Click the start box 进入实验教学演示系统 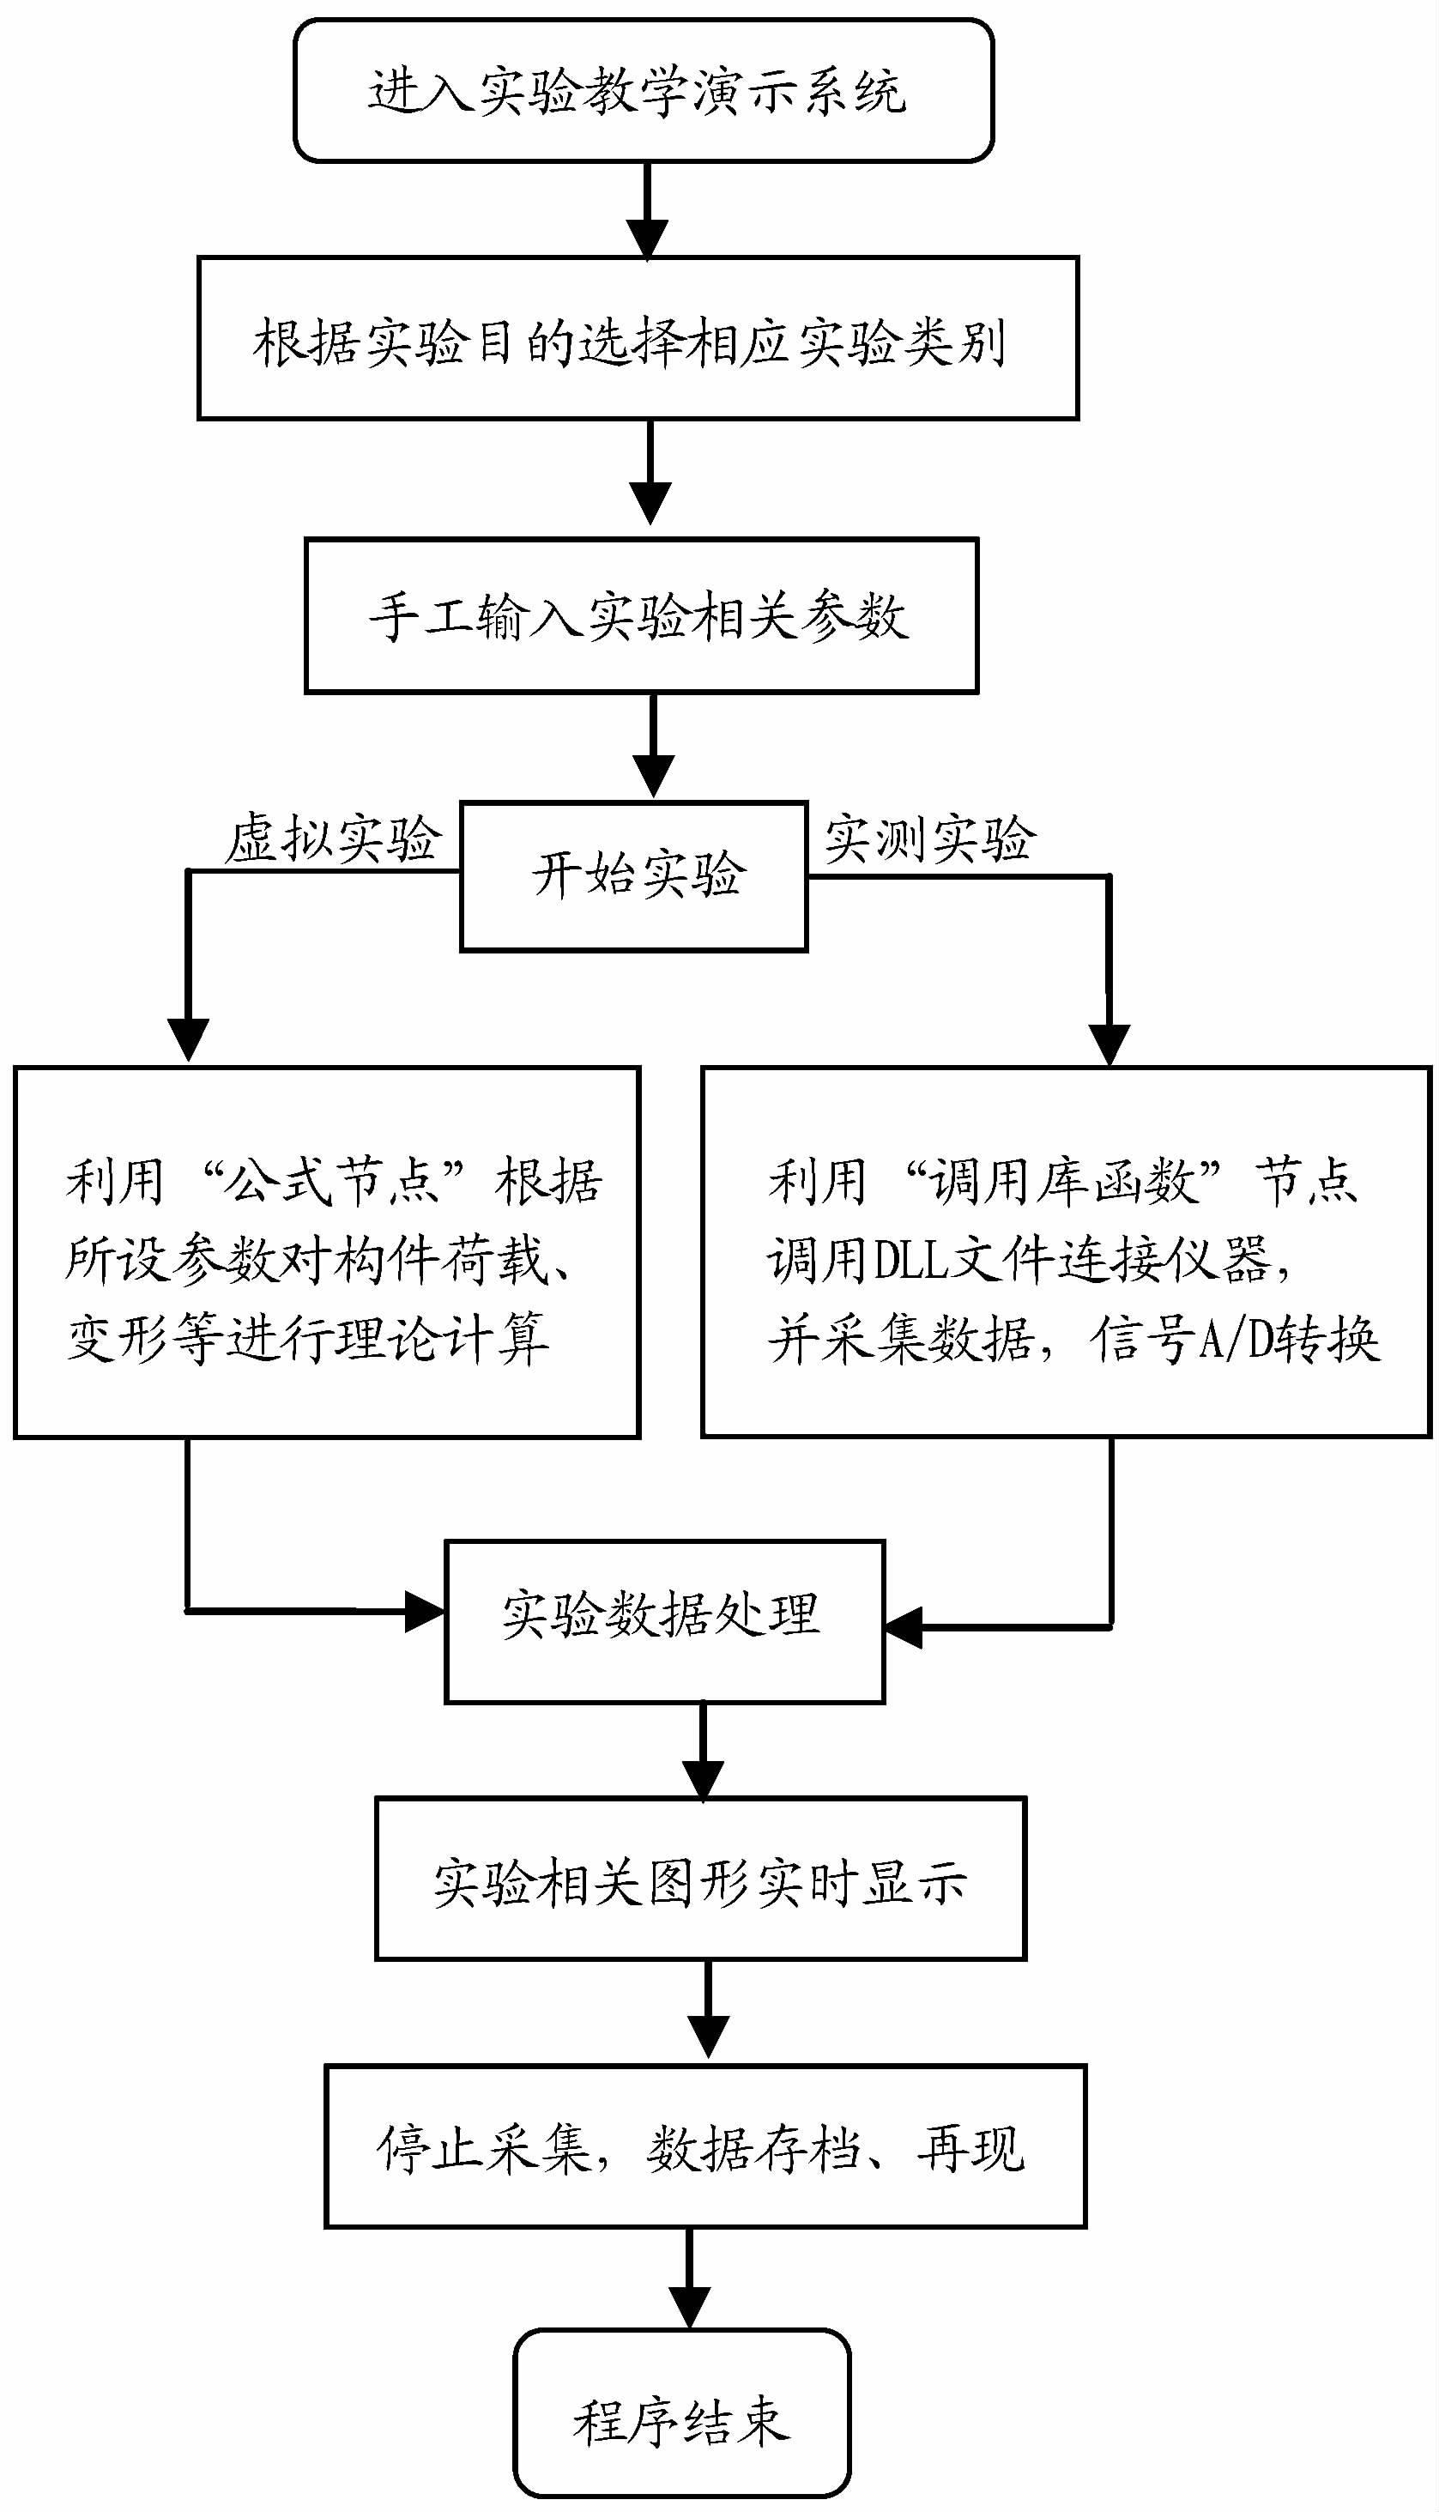tap(643, 91)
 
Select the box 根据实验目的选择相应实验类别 tap(638, 339)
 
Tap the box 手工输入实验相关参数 tap(640, 615)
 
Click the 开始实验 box tap(633, 875)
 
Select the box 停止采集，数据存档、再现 tap(704, 2149)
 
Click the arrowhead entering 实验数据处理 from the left tap(427, 1612)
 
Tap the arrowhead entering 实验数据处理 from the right tap(904, 1627)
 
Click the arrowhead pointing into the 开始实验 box tap(653, 776)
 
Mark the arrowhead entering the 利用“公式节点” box tap(188, 1040)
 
